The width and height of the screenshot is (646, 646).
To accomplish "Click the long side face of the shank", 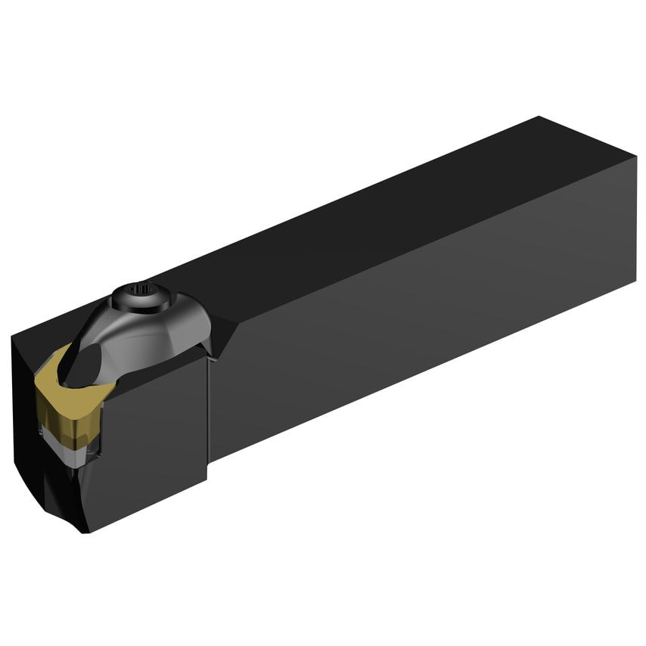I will pos(424,318).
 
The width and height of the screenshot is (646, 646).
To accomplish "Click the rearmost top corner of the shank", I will pos(539,116).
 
